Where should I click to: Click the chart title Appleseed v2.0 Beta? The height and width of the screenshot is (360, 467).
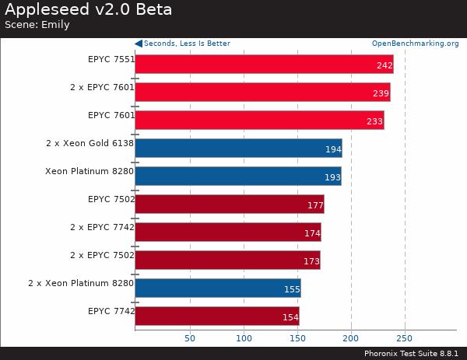(x=89, y=10)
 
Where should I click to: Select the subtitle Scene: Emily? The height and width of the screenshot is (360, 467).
(x=37, y=25)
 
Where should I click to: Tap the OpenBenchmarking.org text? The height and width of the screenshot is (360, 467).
(x=415, y=44)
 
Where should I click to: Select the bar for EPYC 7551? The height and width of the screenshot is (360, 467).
(x=264, y=64)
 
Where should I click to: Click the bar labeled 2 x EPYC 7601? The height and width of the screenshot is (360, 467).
(x=262, y=93)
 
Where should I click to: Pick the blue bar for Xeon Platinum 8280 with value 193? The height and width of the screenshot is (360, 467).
(x=238, y=177)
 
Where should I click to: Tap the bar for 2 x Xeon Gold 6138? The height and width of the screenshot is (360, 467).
(x=238, y=148)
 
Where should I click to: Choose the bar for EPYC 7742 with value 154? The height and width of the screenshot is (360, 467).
(x=217, y=316)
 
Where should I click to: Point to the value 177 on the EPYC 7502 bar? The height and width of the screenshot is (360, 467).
(x=315, y=205)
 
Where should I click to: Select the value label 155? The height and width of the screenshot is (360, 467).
(x=292, y=289)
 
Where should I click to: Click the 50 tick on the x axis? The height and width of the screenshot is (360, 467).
(x=189, y=338)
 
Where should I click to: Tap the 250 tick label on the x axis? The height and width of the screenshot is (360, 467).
(x=405, y=338)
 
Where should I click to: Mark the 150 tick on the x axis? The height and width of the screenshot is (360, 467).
(x=297, y=338)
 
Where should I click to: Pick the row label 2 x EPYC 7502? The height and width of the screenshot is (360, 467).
(x=102, y=255)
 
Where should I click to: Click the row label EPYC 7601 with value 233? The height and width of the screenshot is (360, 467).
(x=111, y=115)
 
